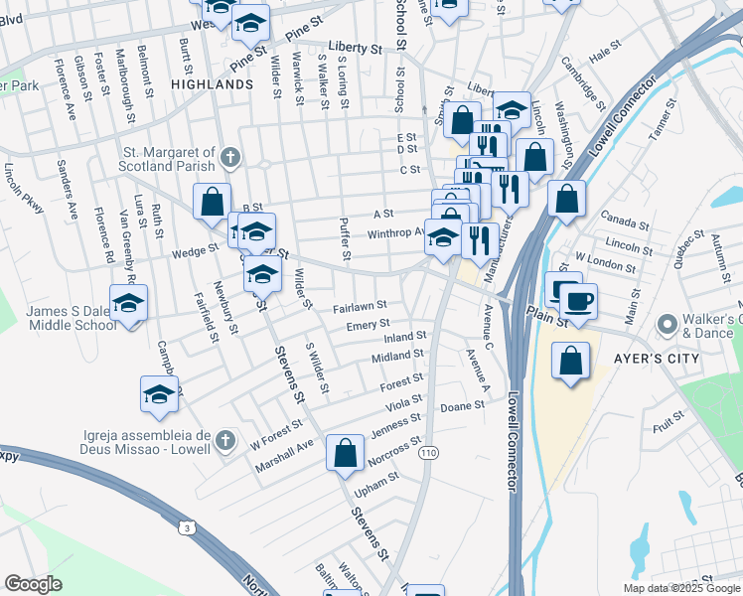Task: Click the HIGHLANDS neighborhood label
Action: (x=212, y=85)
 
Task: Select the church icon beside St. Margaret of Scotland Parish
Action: (x=230, y=157)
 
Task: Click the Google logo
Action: (x=33, y=583)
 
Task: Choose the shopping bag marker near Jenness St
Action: (x=344, y=454)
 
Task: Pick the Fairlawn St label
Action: (x=359, y=307)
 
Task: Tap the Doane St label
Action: (x=462, y=407)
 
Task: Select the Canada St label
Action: (x=624, y=221)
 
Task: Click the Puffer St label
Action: (x=345, y=238)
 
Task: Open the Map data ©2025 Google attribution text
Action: (x=681, y=588)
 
